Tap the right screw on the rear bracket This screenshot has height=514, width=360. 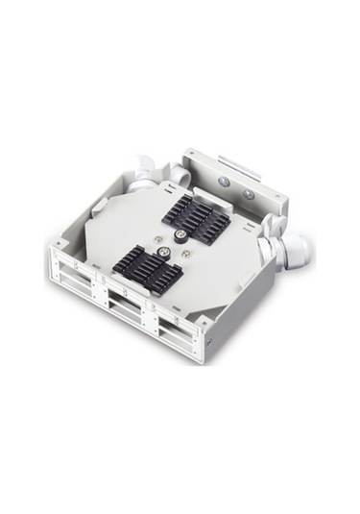coord(248,193)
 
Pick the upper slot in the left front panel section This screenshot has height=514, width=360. coord(80,270)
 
